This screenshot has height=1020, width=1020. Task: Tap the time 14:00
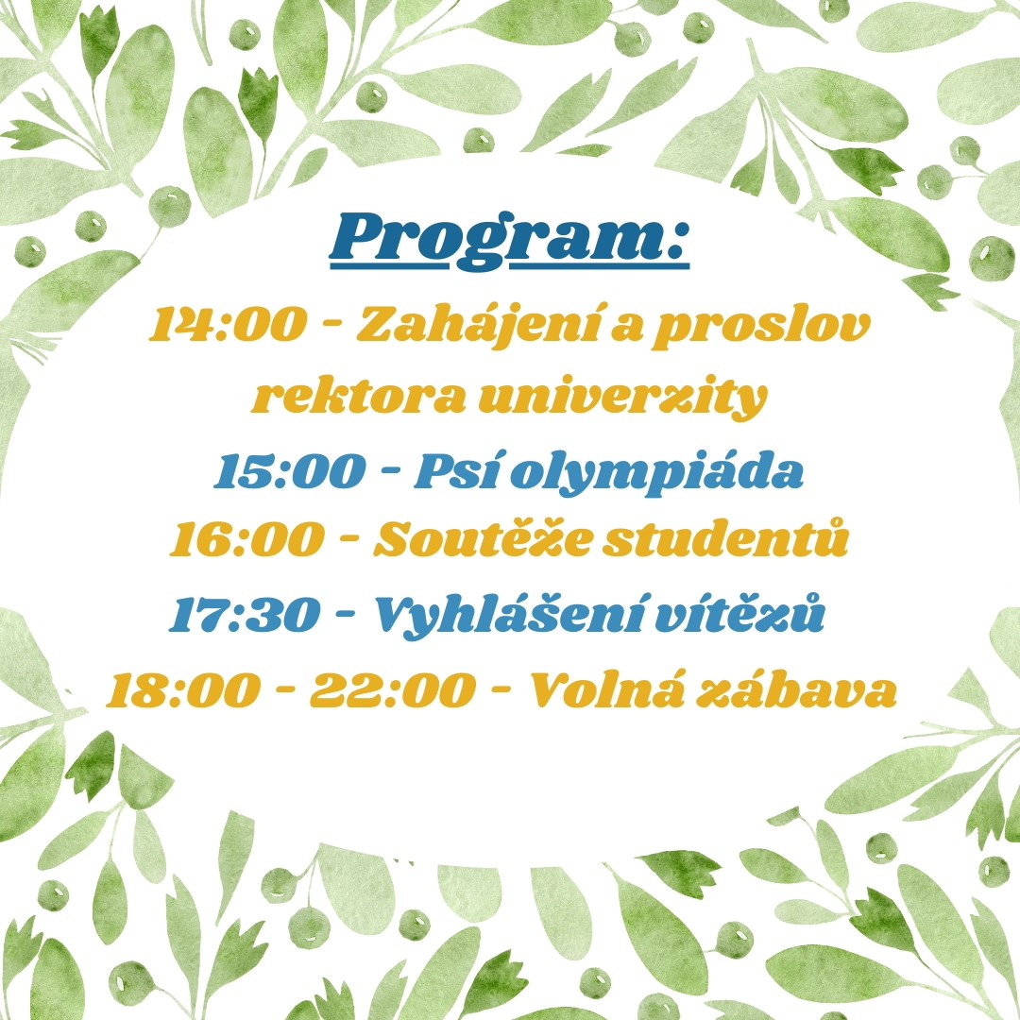[227, 324]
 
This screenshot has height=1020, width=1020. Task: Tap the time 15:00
[290, 471]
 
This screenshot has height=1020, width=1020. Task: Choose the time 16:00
[246, 539]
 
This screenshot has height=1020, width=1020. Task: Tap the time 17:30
[245, 613]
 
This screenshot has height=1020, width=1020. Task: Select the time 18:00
[183, 690]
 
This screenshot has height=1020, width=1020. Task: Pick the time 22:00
[392, 690]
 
